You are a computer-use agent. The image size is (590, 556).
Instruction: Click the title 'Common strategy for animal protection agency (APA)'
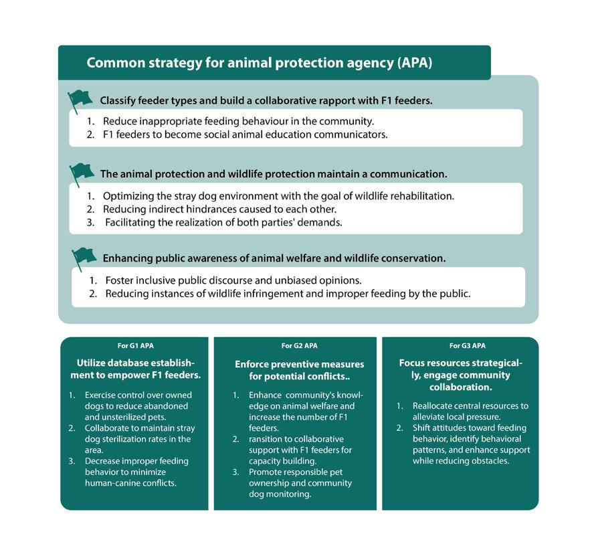pyautogui.click(x=260, y=64)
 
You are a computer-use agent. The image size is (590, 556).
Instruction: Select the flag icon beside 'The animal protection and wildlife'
pyautogui.click(x=82, y=173)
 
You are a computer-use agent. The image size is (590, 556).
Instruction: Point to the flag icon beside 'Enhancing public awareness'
pyautogui.click(x=84, y=257)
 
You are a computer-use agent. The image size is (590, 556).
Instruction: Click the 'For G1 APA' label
pyautogui.click(x=132, y=346)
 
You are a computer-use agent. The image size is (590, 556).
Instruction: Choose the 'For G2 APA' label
pyautogui.click(x=299, y=346)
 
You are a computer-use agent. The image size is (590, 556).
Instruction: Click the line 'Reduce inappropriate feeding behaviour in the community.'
pyautogui.click(x=238, y=122)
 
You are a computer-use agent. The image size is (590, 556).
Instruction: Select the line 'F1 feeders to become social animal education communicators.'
pyautogui.click(x=245, y=134)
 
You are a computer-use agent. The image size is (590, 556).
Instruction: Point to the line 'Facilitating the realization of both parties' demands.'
pyautogui.click(x=223, y=222)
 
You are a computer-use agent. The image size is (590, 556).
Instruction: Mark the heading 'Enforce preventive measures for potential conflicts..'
pyautogui.click(x=299, y=370)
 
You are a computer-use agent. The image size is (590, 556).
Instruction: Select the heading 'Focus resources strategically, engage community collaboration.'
pyautogui.click(x=460, y=375)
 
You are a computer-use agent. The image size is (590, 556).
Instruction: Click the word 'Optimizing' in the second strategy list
pyautogui.click(x=127, y=197)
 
